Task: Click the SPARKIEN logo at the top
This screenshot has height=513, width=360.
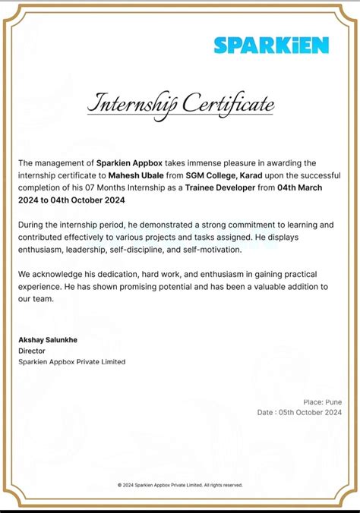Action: coord(271,46)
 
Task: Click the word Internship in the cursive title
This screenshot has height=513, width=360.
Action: coord(130,104)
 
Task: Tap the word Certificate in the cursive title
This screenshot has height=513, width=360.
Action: coord(227,104)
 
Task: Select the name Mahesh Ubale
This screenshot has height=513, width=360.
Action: coord(134,175)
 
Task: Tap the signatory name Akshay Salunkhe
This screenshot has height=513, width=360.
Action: coord(48,339)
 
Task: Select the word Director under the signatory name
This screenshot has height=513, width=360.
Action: coord(32,351)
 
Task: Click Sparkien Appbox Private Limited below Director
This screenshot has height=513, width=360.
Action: coord(71,362)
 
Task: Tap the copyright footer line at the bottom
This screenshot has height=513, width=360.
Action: coord(180,485)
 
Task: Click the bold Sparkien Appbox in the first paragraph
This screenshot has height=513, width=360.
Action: coord(128,163)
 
